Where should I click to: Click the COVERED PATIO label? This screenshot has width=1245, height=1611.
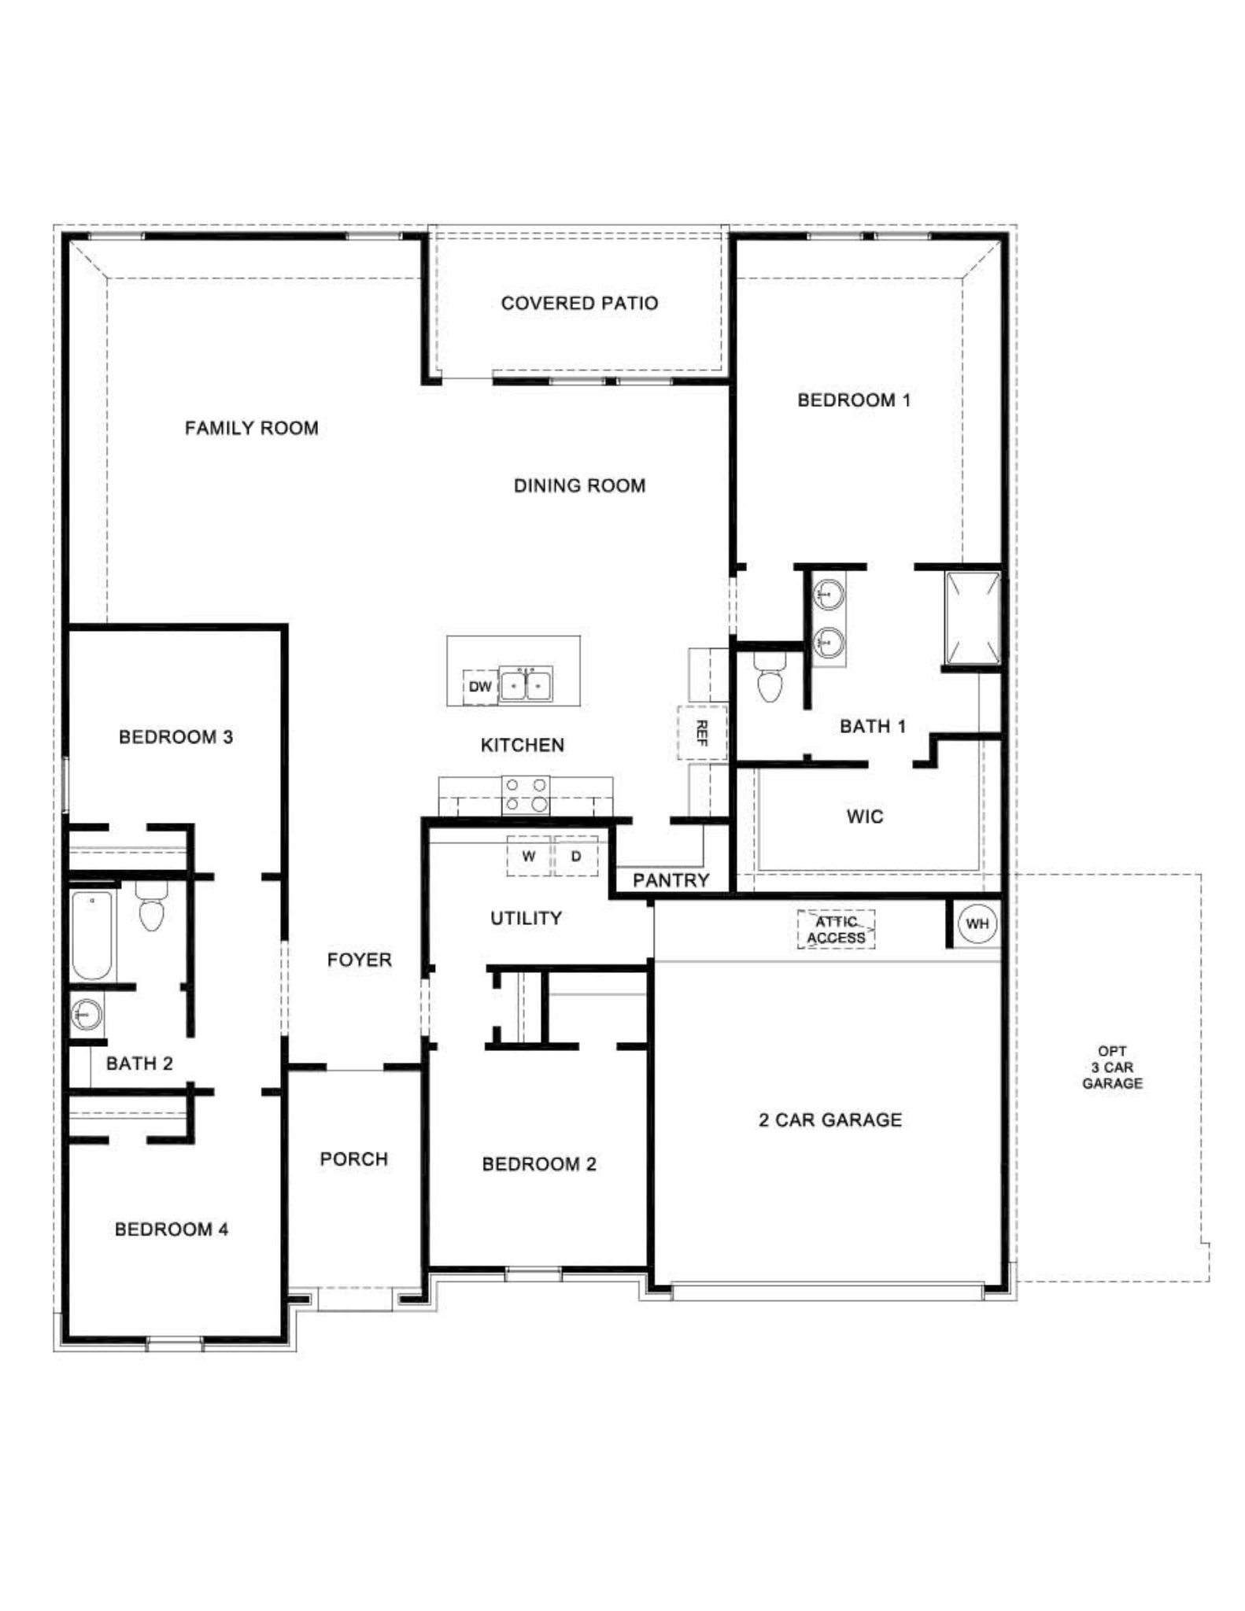(579, 303)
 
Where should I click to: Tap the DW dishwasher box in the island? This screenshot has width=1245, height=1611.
(479, 687)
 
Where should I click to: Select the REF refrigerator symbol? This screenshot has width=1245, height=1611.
(702, 732)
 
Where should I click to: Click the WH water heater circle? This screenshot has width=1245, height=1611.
(977, 923)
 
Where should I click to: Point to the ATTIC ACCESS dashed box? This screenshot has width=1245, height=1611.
(836, 930)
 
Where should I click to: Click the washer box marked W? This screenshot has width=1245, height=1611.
(529, 857)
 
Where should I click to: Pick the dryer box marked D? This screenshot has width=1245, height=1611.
(576, 857)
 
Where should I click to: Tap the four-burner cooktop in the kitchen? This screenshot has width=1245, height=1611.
(526, 794)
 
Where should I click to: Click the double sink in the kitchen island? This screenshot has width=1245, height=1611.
(526, 685)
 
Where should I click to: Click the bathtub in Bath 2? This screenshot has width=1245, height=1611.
(92, 935)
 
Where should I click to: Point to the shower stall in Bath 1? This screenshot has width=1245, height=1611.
(973, 617)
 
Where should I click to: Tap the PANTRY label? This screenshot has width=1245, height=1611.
(671, 880)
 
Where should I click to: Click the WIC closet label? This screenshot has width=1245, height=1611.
(865, 817)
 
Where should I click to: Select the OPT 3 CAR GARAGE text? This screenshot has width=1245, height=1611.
(1111, 1067)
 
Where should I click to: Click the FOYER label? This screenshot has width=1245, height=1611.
(359, 960)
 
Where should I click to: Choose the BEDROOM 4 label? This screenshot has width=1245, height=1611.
(172, 1229)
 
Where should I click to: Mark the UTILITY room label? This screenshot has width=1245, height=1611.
(526, 918)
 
